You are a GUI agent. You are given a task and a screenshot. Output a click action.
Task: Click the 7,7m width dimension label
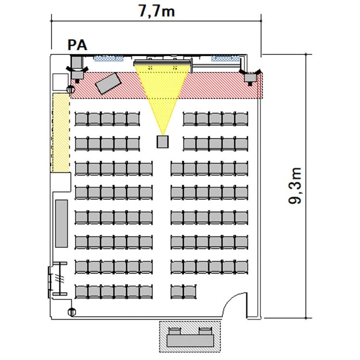click(x=157, y=11)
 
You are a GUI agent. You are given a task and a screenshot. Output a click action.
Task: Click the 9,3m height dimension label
click(x=295, y=185)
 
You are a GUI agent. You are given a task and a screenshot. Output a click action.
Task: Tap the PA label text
click(x=77, y=45)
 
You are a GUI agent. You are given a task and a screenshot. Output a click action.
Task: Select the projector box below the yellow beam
click(x=163, y=141)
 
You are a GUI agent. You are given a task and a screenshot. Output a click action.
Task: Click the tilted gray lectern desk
click(x=108, y=83)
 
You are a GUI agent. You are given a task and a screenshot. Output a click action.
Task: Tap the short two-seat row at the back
click(x=183, y=292)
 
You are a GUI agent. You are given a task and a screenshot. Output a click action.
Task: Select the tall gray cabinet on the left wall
click(x=62, y=223)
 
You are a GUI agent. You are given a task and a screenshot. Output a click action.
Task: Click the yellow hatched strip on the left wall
click(x=61, y=132)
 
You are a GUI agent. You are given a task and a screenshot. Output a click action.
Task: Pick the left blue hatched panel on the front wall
click(x=109, y=58)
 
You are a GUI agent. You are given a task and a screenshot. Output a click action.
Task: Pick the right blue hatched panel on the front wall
click(x=225, y=58)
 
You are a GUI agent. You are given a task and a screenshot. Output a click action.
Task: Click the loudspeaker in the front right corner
click(x=250, y=77)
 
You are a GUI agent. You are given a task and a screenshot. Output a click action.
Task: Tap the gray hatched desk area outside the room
click(x=190, y=336)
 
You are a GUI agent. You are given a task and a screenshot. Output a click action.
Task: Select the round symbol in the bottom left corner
click(x=72, y=312)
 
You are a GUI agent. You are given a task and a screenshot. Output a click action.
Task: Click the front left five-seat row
click(x=107, y=119)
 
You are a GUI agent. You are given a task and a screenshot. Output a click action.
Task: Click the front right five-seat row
click(x=215, y=119)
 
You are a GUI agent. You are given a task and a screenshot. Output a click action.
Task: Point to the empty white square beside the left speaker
click(x=61, y=82)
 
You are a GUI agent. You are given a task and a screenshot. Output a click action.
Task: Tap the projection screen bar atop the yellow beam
click(x=163, y=63)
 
